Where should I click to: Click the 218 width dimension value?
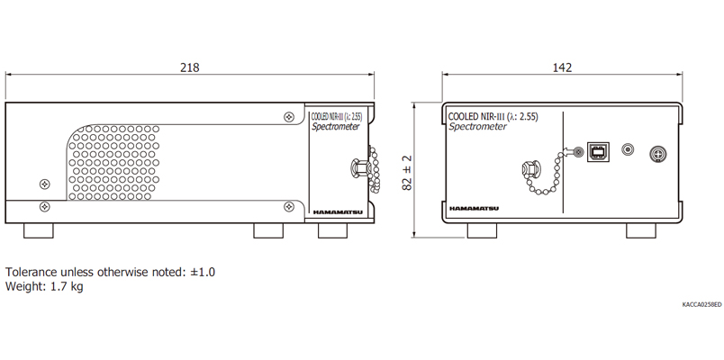(190, 67)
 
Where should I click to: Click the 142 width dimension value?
(562, 67)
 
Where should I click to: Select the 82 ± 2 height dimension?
(407, 173)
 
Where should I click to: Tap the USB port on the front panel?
(598, 151)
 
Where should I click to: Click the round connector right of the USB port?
(628, 149)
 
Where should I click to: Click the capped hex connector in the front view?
(530, 170)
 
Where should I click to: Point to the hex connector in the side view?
(359, 167)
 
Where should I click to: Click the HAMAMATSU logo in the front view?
(475, 209)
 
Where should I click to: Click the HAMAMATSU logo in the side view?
(338, 212)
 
